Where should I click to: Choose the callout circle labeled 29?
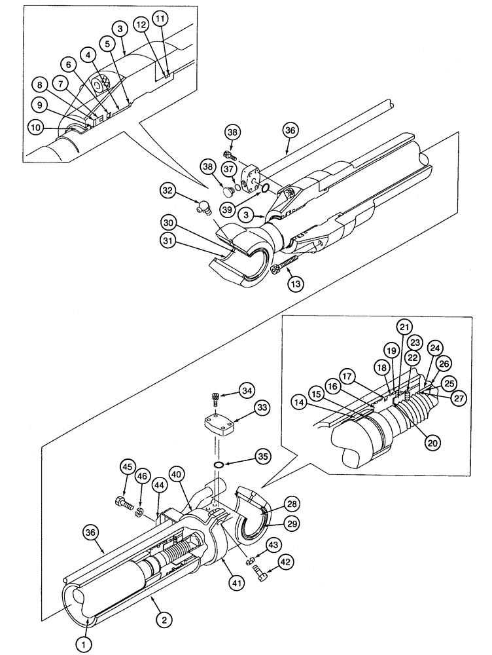click(x=292, y=524)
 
